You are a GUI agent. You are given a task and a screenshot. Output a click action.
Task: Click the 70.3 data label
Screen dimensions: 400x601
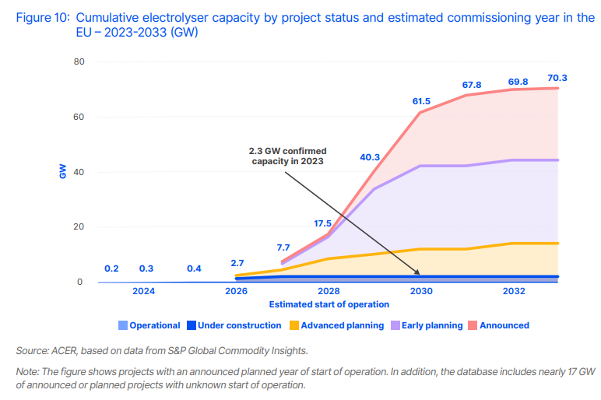tap(557, 78)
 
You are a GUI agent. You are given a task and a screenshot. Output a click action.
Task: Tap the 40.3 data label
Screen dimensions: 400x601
tap(370, 157)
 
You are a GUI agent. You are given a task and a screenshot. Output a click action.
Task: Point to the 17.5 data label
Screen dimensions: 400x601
tap(322, 223)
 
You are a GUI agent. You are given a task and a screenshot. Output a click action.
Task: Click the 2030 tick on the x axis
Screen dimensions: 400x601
tap(421, 292)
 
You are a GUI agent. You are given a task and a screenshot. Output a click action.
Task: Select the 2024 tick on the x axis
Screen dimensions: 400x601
tap(143, 292)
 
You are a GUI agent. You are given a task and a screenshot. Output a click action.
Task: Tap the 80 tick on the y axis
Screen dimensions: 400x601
tap(79, 62)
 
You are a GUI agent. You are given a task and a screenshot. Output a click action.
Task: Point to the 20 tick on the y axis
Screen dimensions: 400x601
tap(79, 227)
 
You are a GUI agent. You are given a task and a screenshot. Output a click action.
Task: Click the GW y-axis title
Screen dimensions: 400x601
tap(63, 172)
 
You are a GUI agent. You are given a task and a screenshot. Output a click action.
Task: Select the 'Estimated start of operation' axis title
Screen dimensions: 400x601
tap(329, 304)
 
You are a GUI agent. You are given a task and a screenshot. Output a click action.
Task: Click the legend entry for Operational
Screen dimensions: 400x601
tap(149, 325)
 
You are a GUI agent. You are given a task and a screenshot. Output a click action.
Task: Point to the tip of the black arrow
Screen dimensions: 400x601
tap(420, 275)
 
